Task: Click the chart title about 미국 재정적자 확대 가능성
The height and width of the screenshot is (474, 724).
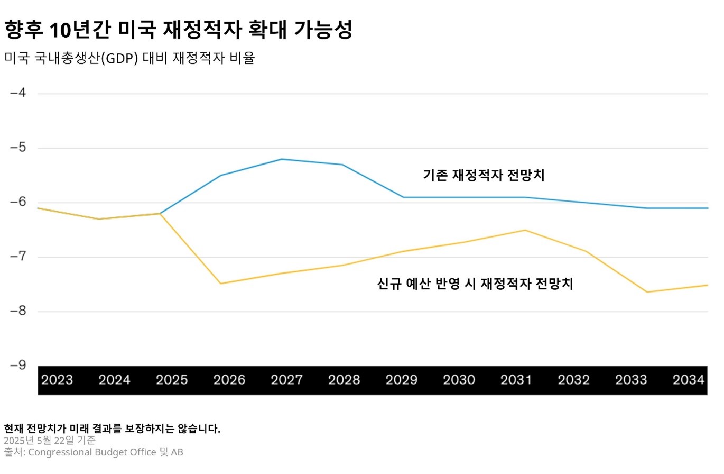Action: point(178,30)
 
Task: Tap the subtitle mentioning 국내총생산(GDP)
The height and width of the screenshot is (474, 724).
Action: point(129,58)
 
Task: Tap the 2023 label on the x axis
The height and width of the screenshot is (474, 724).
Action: point(57,380)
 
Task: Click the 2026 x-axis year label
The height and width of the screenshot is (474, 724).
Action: point(229,380)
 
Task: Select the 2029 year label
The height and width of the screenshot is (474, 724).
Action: point(402,380)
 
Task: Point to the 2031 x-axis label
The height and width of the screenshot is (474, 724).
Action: point(516,380)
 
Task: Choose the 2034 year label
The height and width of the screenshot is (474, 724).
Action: point(689,380)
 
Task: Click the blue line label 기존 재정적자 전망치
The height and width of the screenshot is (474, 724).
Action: point(484,176)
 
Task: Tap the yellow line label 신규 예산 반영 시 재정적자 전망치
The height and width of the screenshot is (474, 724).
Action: point(475,284)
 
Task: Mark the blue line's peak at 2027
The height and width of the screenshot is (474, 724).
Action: point(282,159)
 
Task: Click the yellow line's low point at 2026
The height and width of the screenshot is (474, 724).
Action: point(221,284)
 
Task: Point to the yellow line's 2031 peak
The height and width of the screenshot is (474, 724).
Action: point(525,230)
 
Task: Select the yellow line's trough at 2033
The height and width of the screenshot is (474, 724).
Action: point(647,292)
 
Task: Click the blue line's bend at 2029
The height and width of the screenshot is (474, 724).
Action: point(404,197)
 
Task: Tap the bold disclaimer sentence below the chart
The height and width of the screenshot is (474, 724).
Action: point(112,429)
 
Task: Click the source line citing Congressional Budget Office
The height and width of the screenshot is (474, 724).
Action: point(94,452)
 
